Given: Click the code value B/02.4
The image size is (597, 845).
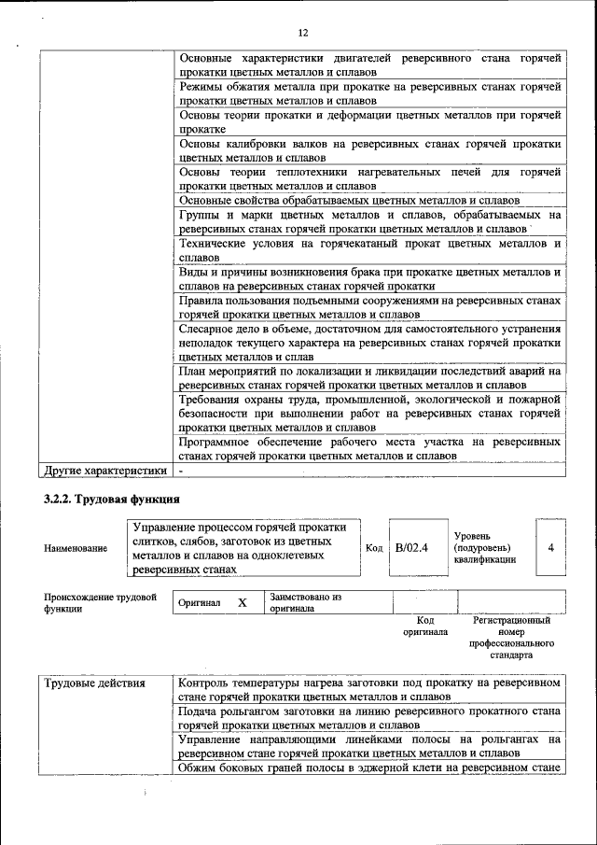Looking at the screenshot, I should pos(411,547).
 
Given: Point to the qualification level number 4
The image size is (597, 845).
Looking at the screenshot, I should pos(550,547).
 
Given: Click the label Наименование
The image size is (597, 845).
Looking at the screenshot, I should pos(76,548).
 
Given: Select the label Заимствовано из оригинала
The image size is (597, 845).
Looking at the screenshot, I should pos(306,602).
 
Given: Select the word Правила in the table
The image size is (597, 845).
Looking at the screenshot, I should pos(202,301).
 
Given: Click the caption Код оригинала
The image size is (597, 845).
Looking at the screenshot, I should pos(425,626).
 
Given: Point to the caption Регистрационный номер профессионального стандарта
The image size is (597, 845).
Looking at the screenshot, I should pos(512,637).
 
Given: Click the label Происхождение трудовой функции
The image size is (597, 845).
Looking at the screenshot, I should pos(99,602).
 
